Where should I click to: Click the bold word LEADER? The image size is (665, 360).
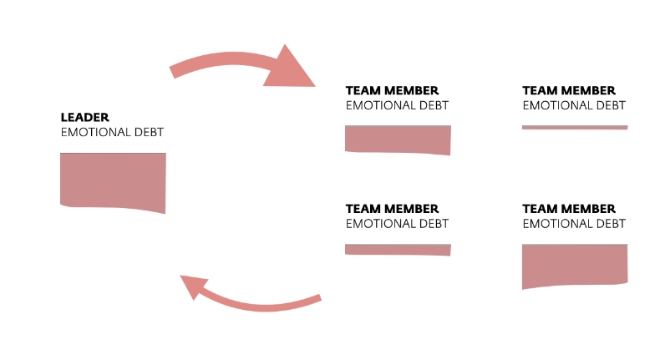coord(85,118)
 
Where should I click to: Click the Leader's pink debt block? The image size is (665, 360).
coord(113,180)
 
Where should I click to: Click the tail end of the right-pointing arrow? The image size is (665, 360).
coord(173,72)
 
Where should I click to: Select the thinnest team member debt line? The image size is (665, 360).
coord(575,127)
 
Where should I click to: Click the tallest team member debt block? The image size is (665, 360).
coord(575,265)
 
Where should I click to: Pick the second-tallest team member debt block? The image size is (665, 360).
coord(398,139)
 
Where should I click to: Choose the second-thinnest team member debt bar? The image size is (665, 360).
coord(398,249)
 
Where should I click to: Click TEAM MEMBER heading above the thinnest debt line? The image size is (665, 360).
coord(569,90)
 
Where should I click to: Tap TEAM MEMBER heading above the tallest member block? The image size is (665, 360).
coord(569,209)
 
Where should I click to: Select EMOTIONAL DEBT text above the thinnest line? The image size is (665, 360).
coord(574,105)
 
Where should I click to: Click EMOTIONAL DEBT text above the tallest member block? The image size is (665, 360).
coord(574,224)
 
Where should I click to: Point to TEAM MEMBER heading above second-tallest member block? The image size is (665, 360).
coord(392,90)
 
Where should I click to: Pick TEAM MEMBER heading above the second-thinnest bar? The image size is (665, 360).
coord(392,209)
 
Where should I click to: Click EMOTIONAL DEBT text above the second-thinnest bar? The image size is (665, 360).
coord(397,224)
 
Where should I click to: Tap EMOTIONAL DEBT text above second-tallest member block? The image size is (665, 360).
coord(397,105)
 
